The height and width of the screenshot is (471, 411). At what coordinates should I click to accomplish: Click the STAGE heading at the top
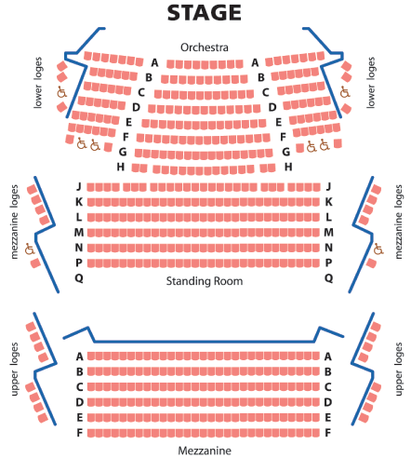coord(205,13)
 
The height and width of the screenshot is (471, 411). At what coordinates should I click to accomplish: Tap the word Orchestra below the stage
coord(205,47)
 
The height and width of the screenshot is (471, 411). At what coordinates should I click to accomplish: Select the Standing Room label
coord(205,281)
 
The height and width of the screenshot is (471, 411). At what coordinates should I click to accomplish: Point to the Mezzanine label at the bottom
coord(205,451)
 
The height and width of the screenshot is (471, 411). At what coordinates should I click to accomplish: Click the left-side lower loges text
coord(38,83)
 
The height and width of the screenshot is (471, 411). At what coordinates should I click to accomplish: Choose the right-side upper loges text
coord(399,369)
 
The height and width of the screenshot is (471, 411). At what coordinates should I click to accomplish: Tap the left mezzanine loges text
coord(15,222)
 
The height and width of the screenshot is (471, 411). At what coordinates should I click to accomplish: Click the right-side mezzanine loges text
coord(399,222)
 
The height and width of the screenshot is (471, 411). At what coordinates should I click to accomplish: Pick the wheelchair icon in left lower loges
coord(61,92)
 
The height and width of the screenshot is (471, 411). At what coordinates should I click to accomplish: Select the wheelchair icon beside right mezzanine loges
coord(378,249)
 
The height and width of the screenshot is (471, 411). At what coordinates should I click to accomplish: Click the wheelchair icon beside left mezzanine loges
coord(30,249)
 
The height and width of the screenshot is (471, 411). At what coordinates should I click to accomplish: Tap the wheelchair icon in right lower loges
coord(345,92)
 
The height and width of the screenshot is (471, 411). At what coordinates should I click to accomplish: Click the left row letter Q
coord(79,278)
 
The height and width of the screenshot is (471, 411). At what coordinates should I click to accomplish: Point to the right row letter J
coord(328,186)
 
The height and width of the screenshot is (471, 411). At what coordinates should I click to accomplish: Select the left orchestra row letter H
coord(121,167)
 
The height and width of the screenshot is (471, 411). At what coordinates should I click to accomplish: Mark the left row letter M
coord(79,232)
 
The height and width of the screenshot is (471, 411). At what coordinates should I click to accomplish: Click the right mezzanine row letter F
coord(328,433)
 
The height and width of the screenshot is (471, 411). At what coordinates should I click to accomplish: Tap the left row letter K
coord(79,202)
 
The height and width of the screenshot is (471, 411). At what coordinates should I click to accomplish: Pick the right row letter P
coord(328,262)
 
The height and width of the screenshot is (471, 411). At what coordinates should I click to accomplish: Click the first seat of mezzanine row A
coord(91,356)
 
